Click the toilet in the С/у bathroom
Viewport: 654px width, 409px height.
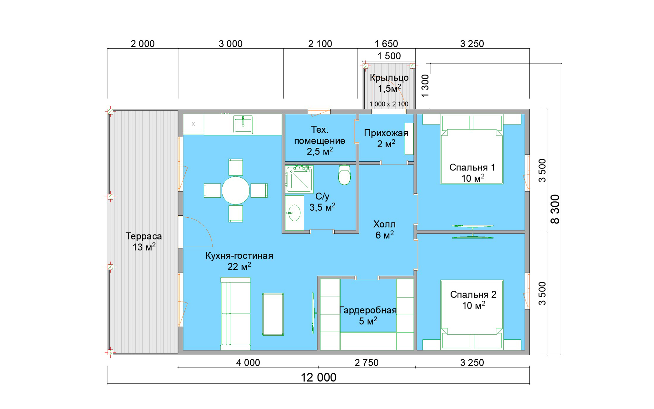coord(344,175)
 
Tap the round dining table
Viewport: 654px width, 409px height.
coord(235,190)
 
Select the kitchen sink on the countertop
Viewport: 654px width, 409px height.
coord(243,125)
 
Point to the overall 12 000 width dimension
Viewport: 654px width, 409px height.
coord(319,377)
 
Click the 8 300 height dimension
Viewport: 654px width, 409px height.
coord(555,209)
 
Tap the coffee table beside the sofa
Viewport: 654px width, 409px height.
coord(273,314)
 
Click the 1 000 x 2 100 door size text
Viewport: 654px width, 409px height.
coord(389,104)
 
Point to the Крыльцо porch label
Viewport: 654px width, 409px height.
coord(389,78)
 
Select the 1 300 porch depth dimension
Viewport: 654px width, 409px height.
coord(425,86)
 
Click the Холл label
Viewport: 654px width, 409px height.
coord(384,224)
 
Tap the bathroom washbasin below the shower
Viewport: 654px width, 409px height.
coord(294,213)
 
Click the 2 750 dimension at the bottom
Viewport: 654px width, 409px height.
coord(367,362)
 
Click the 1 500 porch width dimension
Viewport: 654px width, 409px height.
coord(389,56)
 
